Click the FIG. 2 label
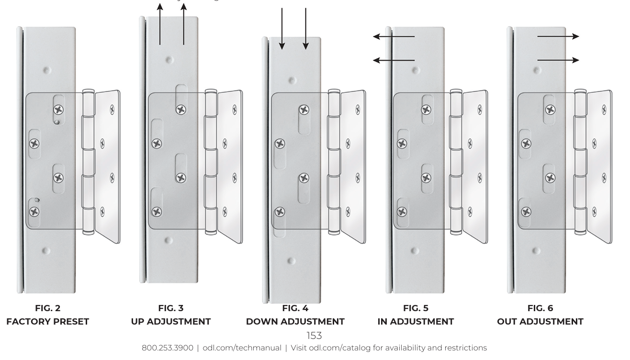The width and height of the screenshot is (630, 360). (48, 308)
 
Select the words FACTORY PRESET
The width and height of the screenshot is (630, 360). (48, 322)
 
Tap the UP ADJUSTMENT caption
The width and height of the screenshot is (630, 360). (171, 322)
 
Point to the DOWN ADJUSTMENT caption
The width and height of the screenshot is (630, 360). (295, 322)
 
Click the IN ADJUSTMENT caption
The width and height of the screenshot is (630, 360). (416, 322)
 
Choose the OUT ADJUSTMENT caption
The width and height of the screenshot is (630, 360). (540, 322)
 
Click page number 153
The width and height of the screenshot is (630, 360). (314, 336)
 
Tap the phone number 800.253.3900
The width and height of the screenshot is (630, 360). (168, 348)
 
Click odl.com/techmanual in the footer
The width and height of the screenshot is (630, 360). (242, 348)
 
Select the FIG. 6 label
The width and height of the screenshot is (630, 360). (540, 308)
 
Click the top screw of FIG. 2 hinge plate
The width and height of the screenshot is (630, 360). (58, 110)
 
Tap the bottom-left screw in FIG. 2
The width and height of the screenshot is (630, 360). (34, 212)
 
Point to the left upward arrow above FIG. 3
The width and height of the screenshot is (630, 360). (160, 24)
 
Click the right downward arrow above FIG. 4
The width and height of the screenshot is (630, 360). (306, 29)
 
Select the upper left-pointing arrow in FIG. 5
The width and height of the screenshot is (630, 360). (394, 36)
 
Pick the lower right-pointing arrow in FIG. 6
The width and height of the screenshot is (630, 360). (558, 60)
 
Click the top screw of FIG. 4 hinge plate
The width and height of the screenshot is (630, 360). (304, 110)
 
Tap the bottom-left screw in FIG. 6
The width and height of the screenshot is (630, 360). (526, 212)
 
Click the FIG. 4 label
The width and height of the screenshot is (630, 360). (295, 308)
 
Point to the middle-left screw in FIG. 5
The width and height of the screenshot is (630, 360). (402, 144)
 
